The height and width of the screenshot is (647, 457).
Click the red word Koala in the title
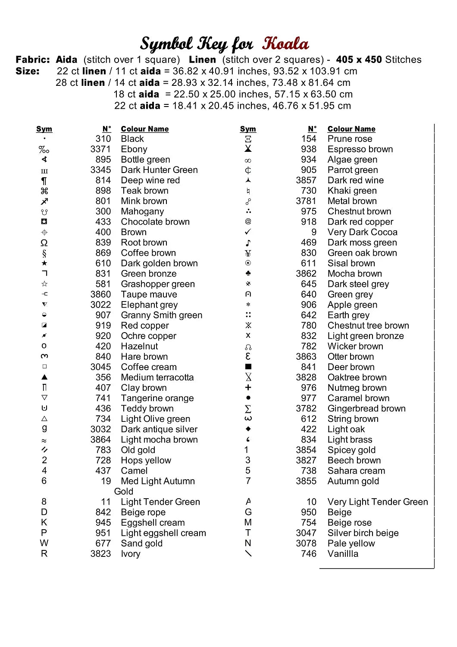(286, 44)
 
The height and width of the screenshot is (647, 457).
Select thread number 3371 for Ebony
(100, 149)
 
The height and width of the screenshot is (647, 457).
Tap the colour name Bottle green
(145, 160)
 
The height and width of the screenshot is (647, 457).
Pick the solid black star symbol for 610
(44, 263)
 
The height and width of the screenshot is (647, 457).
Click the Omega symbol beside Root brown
(44, 243)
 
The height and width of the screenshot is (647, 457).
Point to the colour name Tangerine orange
(157, 398)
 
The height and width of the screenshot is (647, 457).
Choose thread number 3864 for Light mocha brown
(100, 440)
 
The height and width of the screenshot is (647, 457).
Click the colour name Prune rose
(350, 139)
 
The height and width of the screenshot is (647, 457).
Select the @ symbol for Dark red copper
(248, 221)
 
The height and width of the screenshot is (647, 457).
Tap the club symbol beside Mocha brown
(248, 273)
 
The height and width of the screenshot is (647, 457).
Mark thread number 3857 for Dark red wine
(306, 180)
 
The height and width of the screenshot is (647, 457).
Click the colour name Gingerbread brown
(366, 408)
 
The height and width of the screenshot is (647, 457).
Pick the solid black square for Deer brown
(248, 367)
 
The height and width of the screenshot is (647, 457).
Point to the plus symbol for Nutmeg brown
(248, 387)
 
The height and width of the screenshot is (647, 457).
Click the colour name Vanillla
(343, 554)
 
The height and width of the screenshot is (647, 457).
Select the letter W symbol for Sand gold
(44, 543)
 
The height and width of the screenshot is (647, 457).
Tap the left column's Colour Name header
(145, 129)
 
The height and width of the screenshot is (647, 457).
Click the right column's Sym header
(248, 129)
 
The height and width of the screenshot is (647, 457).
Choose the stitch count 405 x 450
(359, 60)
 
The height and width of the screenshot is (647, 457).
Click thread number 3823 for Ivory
(100, 554)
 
